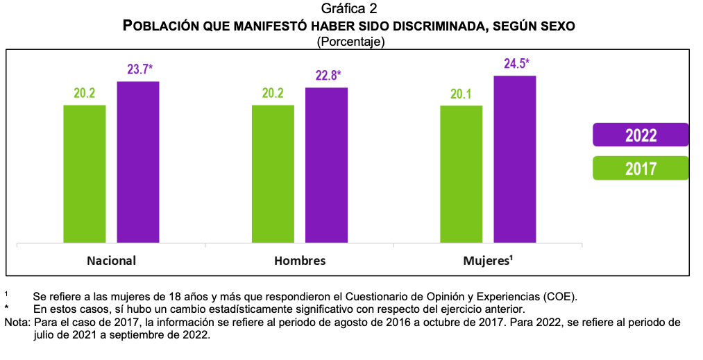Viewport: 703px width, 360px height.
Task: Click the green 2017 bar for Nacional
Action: pos(85,174)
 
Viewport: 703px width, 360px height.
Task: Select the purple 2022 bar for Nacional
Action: pos(138,162)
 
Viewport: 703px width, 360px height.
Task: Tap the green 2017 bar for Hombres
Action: pos(273,174)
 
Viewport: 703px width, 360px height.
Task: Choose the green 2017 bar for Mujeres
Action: pos(461,174)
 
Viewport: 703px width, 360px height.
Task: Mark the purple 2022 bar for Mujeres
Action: pos(515,160)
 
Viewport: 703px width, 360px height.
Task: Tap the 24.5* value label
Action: pos(516,64)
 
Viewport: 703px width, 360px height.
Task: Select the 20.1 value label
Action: pos(461,94)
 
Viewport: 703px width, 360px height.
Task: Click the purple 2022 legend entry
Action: pos(641,135)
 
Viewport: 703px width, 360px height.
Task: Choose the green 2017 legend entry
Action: pos(641,168)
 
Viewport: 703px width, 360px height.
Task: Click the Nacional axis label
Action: pos(111,262)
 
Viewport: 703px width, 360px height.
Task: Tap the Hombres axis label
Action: pos(300,262)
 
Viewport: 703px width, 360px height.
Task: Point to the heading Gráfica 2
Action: pos(350,8)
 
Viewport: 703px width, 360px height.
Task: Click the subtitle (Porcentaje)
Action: pos(350,42)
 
